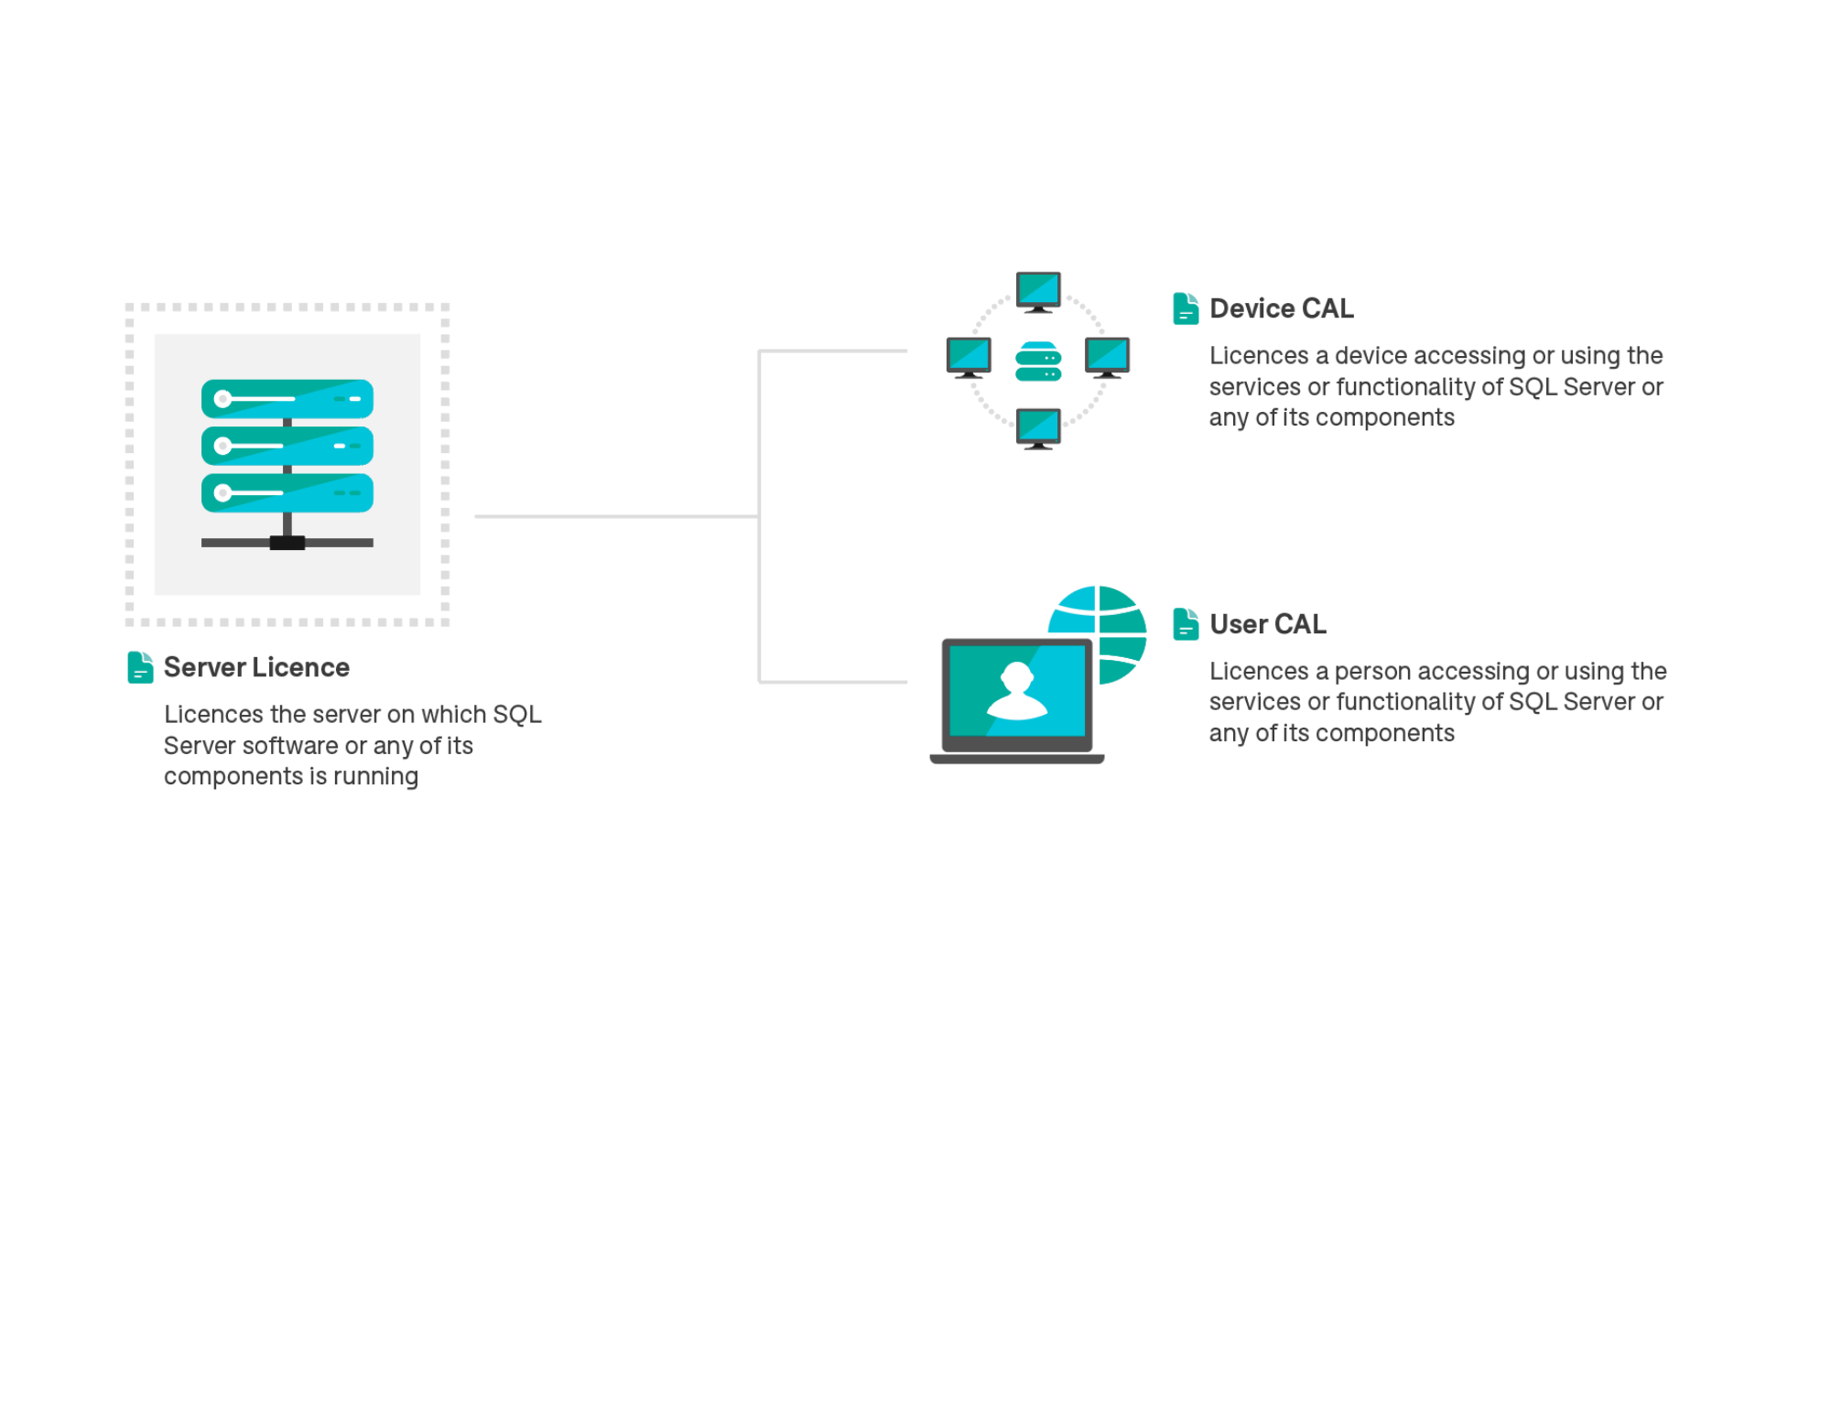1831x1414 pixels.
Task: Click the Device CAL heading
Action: pos(1281,308)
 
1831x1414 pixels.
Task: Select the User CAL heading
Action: pos(1268,624)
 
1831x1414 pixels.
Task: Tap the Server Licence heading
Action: pos(256,667)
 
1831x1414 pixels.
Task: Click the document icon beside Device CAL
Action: pos(1186,308)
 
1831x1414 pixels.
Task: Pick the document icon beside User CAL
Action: pos(1186,624)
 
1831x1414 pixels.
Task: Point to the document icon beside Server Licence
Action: pos(140,667)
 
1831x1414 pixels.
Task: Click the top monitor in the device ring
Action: pos(1038,292)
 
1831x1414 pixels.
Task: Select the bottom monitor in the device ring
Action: pos(1038,429)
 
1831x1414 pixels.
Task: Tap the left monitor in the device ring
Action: pos(969,358)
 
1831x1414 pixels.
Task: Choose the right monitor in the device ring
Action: pos(1107,358)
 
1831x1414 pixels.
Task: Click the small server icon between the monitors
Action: pos(1038,361)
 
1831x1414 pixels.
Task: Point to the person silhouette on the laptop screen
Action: pos(1017,691)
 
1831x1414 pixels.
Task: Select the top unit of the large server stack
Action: pos(287,399)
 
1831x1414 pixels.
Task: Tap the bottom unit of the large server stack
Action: pos(287,493)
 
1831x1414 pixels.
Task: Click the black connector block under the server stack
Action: pos(287,543)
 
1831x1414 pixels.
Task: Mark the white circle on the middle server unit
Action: pos(222,446)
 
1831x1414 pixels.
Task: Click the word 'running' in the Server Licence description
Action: pos(375,777)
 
